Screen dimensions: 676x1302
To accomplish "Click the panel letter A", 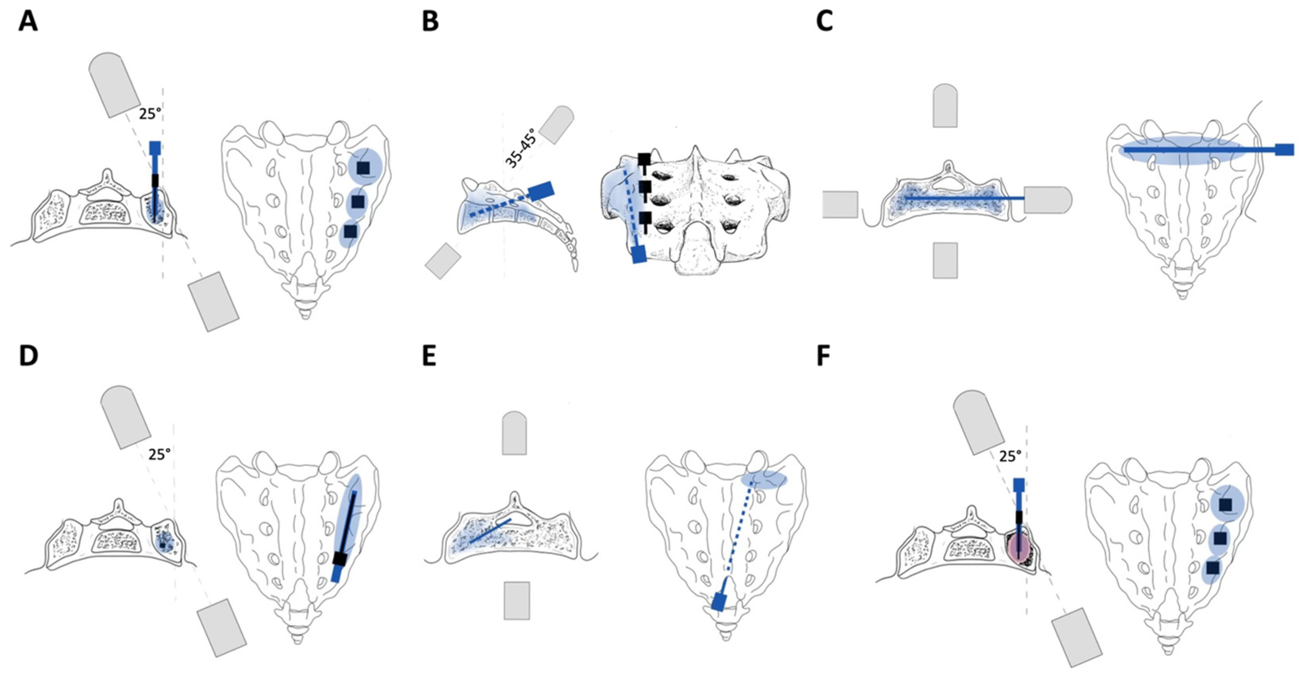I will point(28,23).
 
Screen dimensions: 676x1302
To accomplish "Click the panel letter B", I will point(430,23).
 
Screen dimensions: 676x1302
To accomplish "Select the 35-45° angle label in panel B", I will point(521,147).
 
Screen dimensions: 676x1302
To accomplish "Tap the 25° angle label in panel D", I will point(159,454).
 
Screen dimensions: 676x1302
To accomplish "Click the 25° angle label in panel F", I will point(1010,457).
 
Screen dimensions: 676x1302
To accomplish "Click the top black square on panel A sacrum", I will point(363,168).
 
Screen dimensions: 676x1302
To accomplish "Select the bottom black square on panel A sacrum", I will point(350,231).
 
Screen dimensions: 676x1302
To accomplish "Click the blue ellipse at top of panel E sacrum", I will point(764,480).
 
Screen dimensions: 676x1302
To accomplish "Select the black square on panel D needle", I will point(340,559).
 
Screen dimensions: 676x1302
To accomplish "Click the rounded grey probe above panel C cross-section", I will point(945,105).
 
